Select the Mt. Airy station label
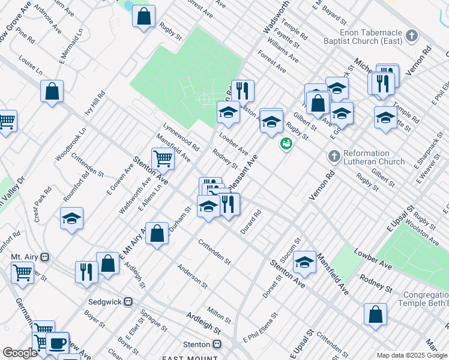[25, 257]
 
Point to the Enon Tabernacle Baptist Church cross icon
[411, 36]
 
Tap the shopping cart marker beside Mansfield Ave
[163, 159]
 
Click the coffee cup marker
[58, 343]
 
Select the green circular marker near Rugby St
[286, 144]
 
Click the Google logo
[20, 353]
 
